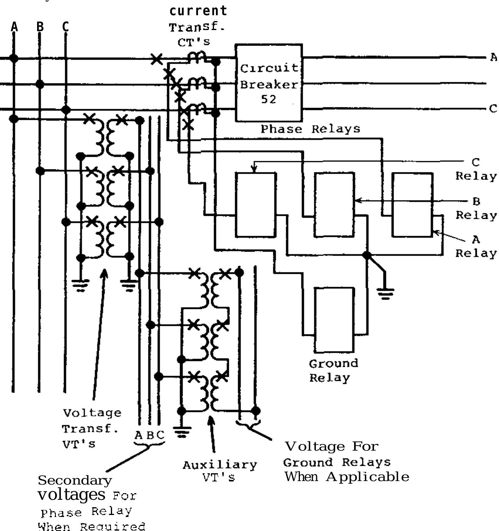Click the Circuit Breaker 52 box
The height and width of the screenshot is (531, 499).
click(269, 83)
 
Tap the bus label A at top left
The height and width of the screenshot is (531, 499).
click(14, 27)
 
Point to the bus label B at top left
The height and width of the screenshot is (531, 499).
click(40, 27)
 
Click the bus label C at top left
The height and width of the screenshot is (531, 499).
click(65, 27)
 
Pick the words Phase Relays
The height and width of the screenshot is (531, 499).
click(310, 129)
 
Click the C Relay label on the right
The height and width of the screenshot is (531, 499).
click(475, 169)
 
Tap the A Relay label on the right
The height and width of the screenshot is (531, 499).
click(476, 247)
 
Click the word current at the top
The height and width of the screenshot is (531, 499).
click(198, 11)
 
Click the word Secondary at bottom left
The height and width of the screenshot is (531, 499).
click(75, 480)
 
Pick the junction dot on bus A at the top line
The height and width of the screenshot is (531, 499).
click(14, 58)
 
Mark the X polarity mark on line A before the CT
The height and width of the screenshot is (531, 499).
click(156, 60)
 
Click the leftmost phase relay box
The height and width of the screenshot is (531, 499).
click(256, 205)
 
